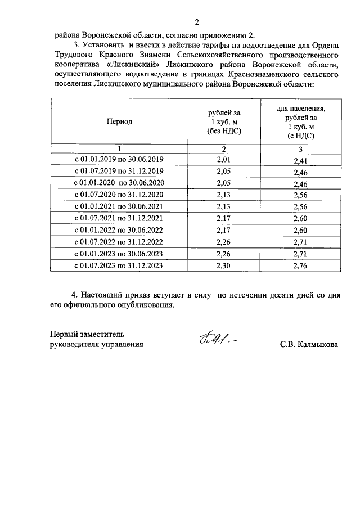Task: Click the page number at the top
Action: pyautogui.click(x=196, y=22)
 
